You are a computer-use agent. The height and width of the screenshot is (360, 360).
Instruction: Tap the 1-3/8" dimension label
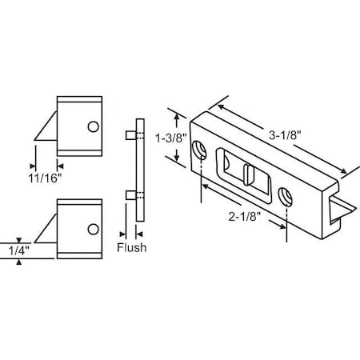(170, 137)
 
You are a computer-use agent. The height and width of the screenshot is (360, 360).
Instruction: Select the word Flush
(131, 248)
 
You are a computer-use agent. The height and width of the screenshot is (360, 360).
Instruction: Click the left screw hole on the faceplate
(198, 147)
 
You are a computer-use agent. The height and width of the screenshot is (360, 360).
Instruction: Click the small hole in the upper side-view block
(94, 126)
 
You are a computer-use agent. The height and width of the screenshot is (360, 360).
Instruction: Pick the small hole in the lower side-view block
(94, 231)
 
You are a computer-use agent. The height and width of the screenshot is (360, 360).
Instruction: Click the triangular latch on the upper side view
(47, 128)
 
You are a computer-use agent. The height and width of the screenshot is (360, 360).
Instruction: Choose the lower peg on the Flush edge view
(129, 194)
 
